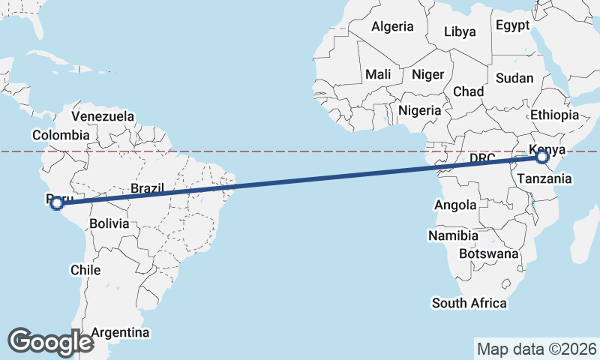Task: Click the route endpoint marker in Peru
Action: pyautogui.click(x=57, y=202)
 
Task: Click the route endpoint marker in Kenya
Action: pyautogui.click(x=542, y=157)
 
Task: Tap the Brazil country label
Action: pyautogui.click(x=147, y=189)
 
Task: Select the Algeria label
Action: pyautogui.click(x=393, y=27)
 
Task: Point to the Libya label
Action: pyautogui.click(x=460, y=31)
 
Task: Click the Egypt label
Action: pyautogui.click(x=513, y=25)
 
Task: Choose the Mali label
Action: pyautogui.click(x=378, y=74)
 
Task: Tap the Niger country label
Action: pyautogui.click(x=428, y=74)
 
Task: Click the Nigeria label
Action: pyautogui.click(x=420, y=110)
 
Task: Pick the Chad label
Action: pyautogui.click(x=468, y=91)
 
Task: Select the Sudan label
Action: pyautogui.click(x=515, y=78)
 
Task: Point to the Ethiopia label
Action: pyautogui.click(x=555, y=115)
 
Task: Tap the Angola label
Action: pyautogui.click(x=455, y=205)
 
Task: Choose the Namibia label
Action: pyautogui.click(x=454, y=235)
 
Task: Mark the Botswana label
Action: pyautogui.click(x=489, y=253)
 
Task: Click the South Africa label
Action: pyautogui.click(x=469, y=303)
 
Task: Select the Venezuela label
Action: pyautogui.click(x=103, y=116)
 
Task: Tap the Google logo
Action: pyautogui.click(x=50, y=341)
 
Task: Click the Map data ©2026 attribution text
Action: pyautogui.click(x=537, y=349)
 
